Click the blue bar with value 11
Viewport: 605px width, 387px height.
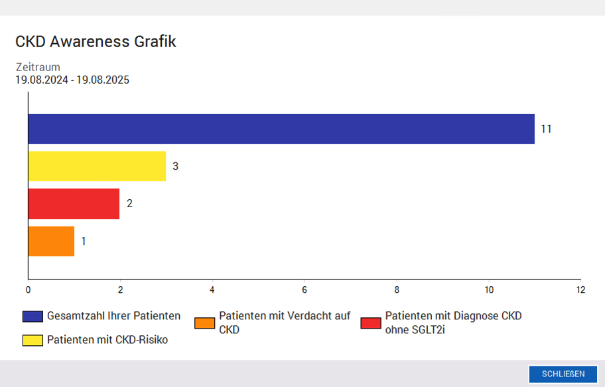click(281, 129)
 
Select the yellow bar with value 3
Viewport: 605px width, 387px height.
click(97, 166)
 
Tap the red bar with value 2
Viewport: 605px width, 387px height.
click(74, 203)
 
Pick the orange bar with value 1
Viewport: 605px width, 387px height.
click(51, 241)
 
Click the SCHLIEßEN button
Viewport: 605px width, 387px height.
click(563, 374)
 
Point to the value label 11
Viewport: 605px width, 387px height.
click(546, 129)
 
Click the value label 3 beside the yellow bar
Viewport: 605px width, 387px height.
click(175, 166)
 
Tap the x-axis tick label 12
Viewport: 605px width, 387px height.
click(580, 290)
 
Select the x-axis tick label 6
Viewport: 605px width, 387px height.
click(304, 290)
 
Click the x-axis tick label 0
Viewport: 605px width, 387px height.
click(28, 290)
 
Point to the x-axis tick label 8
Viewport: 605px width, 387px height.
click(397, 290)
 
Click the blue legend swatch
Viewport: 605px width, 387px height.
click(33, 316)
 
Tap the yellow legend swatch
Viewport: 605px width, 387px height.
click(33, 341)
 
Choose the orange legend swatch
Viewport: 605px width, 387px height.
click(205, 323)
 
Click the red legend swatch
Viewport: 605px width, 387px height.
click(371, 323)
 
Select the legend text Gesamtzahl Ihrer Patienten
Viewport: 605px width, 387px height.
click(113, 316)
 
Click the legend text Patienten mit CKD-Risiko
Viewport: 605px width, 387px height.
click(107, 341)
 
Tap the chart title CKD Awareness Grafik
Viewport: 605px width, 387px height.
click(96, 42)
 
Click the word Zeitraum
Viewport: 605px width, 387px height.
click(38, 67)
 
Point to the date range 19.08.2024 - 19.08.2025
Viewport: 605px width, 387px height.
click(72, 80)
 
